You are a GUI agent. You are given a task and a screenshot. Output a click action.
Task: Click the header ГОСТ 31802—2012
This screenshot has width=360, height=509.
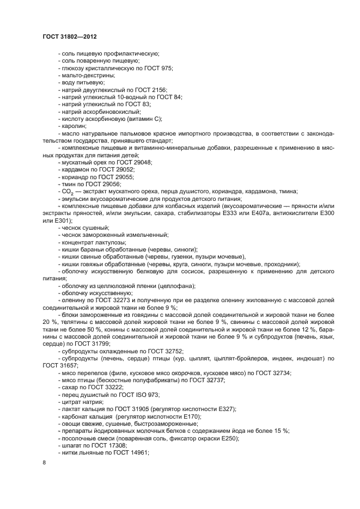pyautogui.click(x=70, y=36)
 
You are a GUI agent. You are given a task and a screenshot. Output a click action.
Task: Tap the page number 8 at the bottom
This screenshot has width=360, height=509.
pyautogui.click(x=44, y=462)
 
